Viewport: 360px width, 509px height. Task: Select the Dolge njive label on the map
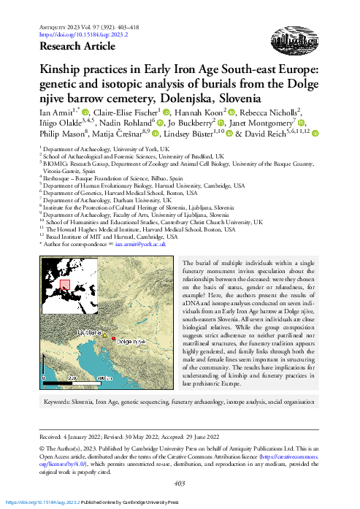point(132,342)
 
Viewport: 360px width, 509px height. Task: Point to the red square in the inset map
point(64,286)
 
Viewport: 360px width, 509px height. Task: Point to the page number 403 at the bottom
point(180,483)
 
